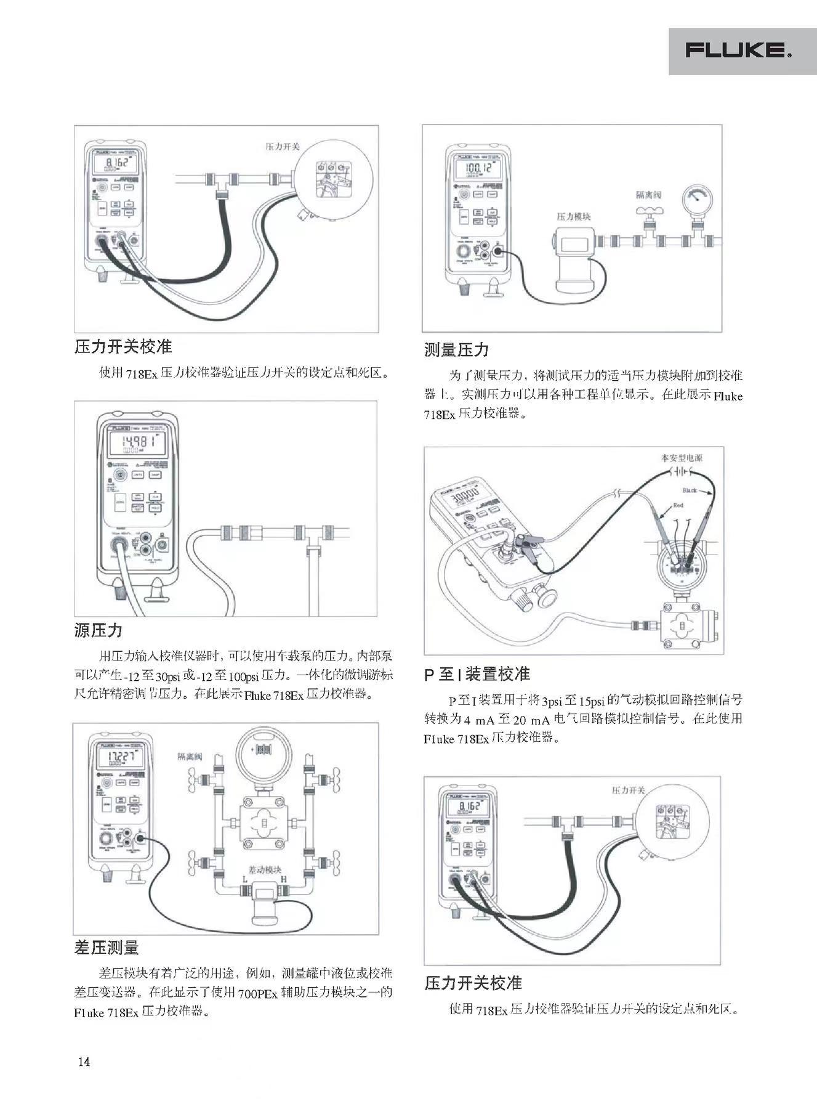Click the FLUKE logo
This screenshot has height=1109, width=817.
[x=739, y=51]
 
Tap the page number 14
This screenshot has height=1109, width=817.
[x=84, y=1061]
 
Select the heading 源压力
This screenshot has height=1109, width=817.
[x=99, y=630]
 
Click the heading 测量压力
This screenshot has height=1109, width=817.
[x=456, y=350]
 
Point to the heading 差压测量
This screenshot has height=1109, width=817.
[x=107, y=948]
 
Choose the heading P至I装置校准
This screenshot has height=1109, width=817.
[x=477, y=674]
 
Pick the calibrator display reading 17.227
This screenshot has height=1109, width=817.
[x=118, y=756]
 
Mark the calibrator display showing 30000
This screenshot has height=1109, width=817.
[x=465, y=495]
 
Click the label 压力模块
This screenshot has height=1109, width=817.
[x=574, y=216]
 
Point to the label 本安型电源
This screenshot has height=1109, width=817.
[x=682, y=458]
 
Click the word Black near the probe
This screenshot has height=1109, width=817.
[x=690, y=490]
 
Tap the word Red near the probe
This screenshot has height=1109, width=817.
[x=678, y=505]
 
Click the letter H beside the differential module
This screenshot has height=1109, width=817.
[x=284, y=879]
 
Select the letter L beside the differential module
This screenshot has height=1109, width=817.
[x=244, y=879]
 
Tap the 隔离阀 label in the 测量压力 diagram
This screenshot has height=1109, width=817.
[x=648, y=195]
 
